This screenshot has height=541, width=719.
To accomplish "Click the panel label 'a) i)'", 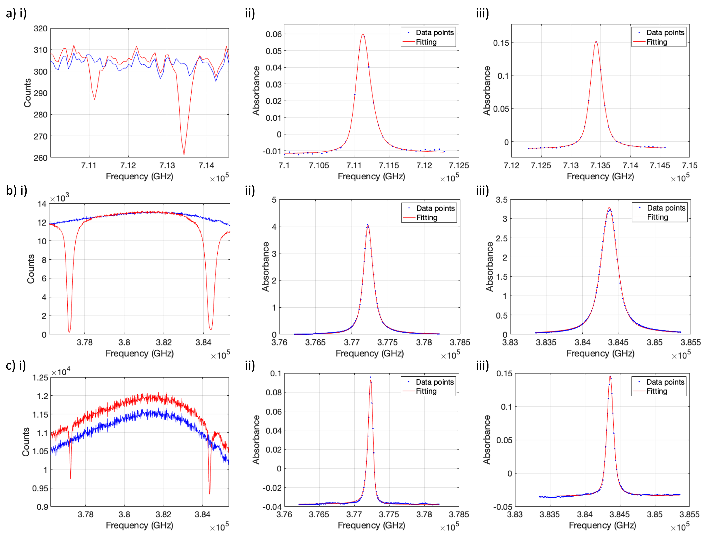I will tap(16, 13).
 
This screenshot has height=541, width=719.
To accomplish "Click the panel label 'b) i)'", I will tap(16, 190).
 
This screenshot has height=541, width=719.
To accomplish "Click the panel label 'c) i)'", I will tap(16, 365).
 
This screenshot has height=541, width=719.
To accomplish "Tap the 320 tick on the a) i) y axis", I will tap(40, 29).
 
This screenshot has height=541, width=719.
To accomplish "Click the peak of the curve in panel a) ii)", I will tap(363, 34).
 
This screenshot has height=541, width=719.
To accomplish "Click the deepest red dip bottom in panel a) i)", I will tap(184, 154).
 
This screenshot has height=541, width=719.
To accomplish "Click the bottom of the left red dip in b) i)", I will tap(69, 332).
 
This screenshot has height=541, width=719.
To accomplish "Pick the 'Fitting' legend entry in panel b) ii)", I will tap(426, 217).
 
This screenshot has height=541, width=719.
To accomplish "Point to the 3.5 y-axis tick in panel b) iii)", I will tap(501, 200).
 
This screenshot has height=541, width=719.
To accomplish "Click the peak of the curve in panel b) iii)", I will tap(609, 208).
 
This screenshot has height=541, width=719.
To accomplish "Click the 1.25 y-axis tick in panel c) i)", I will tap(40, 378).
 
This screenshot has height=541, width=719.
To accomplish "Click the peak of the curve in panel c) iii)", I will tap(610, 377).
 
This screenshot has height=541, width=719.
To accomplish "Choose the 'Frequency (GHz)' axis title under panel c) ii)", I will tap(371, 525).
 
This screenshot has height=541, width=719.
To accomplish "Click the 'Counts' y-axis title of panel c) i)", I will tap(26, 441).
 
